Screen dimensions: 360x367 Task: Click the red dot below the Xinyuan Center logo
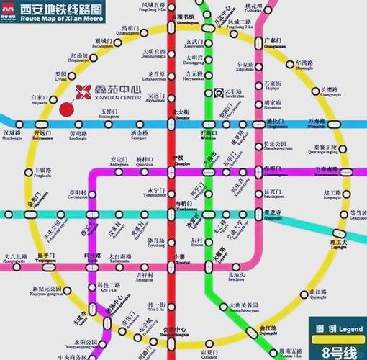pos(67,109)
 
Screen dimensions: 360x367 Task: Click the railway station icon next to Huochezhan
pos(218,93)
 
